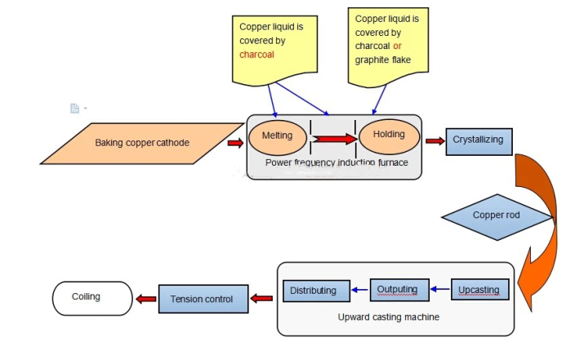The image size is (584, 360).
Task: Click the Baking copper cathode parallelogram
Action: point(140,144)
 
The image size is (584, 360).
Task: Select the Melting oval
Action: point(277,136)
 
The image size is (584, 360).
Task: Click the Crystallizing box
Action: point(478,140)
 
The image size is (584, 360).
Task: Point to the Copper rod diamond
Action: point(497,216)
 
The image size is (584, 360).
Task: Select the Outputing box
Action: point(397,290)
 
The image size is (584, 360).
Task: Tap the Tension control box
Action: point(202,299)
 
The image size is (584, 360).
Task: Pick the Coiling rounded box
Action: point(91,297)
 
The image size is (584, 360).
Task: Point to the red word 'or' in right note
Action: point(398,46)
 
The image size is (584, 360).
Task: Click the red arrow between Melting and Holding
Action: point(334,139)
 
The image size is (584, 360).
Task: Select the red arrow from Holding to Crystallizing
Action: point(435,141)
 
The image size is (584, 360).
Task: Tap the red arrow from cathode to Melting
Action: point(235,144)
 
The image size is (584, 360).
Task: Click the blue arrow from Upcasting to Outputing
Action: point(440,290)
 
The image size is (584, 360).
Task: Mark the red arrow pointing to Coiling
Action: point(145,300)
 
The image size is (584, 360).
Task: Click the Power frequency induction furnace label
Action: point(337,162)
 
